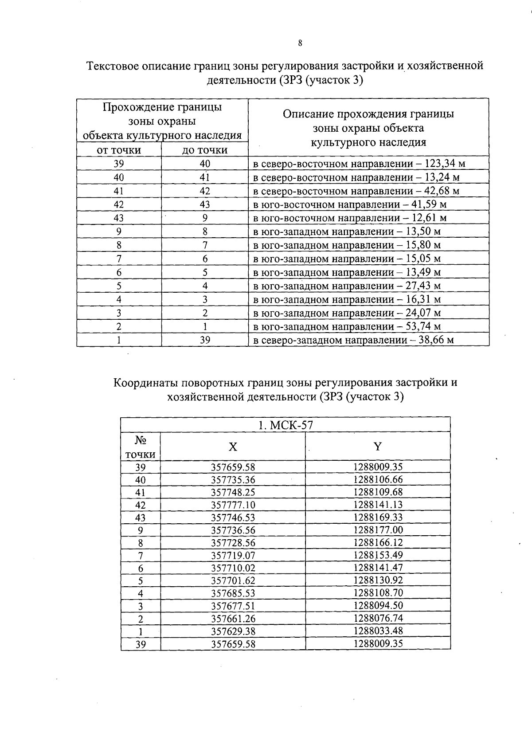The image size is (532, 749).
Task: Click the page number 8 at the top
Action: tap(300, 43)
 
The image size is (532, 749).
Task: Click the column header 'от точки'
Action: tap(119, 150)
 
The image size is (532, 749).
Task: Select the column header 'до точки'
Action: tap(205, 150)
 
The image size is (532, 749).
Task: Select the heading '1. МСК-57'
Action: tap(286, 425)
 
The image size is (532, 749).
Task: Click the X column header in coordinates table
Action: tap(233, 447)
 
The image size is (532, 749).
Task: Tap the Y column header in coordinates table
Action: tap(377, 447)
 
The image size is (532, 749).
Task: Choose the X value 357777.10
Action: tap(233, 505)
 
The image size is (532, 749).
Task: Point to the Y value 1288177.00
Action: tap(378, 530)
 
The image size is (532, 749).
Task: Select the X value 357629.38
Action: tap(233, 631)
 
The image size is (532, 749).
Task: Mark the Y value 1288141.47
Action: tap(378, 568)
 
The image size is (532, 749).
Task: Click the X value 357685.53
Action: tap(233, 593)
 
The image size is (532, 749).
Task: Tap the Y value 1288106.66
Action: tap(378, 480)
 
